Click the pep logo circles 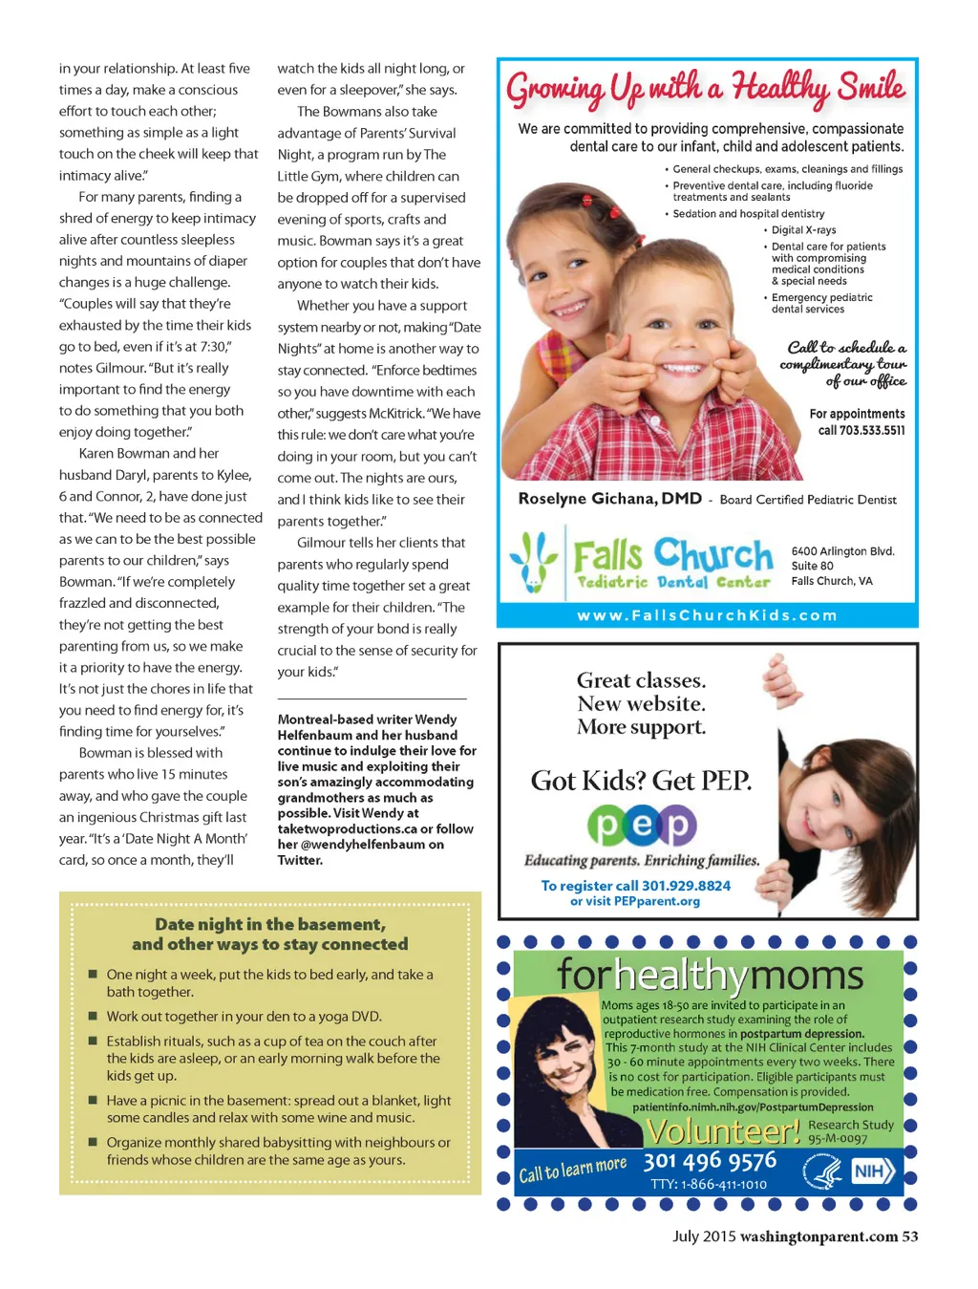click(x=642, y=826)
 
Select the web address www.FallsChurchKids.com click(x=707, y=615)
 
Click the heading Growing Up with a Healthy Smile click(x=705, y=89)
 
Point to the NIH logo click(x=873, y=1171)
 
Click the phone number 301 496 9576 click(x=710, y=1161)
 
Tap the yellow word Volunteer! click(x=724, y=1131)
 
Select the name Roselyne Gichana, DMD click(x=609, y=499)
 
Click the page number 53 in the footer click(x=909, y=1236)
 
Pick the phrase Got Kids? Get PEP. click(x=641, y=781)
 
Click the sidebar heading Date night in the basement click(x=270, y=924)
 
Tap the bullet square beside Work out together click(x=93, y=1017)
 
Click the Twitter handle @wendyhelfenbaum click(x=362, y=845)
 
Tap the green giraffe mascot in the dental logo click(x=533, y=563)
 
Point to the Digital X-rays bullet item click(x=803, y=230)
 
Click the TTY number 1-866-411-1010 click(x=709, y=1184)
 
